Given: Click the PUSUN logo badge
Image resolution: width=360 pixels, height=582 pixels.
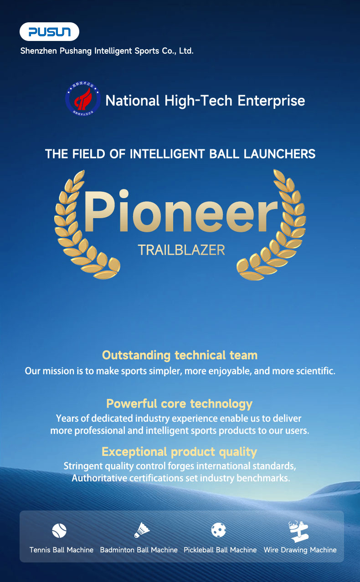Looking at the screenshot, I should pos(49,32).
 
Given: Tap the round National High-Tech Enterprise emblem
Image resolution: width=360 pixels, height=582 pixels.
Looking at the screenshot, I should pos(83,98).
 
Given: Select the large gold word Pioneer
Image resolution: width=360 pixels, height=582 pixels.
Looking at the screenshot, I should pos(180,213).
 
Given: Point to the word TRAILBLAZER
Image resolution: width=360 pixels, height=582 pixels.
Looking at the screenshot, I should pos(181,250).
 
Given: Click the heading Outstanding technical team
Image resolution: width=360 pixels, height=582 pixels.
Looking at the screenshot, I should pos(180,355).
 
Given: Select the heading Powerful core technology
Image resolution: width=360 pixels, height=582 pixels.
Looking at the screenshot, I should pos(179,404).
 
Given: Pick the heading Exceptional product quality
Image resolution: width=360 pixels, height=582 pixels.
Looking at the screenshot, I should pos(179,452).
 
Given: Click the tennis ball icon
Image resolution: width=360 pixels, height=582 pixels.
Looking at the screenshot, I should pos(59,530).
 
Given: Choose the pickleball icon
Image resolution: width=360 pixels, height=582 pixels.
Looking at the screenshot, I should pos(219,530).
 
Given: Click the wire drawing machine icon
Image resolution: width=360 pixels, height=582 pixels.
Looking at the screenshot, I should pos(299,531).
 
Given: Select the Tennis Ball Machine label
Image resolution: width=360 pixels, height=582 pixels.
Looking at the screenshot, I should pos(62,550).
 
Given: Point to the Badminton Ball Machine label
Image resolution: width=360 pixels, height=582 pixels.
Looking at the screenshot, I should pos(139,550).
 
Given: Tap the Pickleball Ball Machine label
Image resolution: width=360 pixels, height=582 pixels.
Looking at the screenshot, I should pos(220,550).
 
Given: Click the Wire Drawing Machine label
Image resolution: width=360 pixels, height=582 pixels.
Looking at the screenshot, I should pos(300,550).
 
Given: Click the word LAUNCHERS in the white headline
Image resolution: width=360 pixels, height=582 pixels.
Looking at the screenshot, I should pos(279,154).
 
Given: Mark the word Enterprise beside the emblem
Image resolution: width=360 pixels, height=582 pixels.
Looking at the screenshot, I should pos(272,100).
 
